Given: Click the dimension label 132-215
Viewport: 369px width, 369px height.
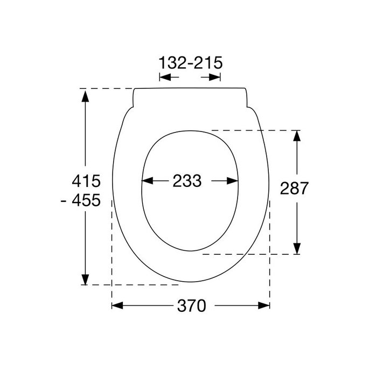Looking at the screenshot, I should pos(191,63).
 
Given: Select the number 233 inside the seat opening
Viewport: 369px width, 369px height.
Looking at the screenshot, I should pos(187,182).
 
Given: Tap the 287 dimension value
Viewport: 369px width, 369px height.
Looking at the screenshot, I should pos(294,188).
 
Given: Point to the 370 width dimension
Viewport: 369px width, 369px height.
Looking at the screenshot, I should pos(191,306).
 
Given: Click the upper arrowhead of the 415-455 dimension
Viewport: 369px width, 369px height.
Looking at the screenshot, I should pos(85,95).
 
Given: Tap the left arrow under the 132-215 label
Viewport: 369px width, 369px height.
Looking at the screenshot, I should pos(164,78).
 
